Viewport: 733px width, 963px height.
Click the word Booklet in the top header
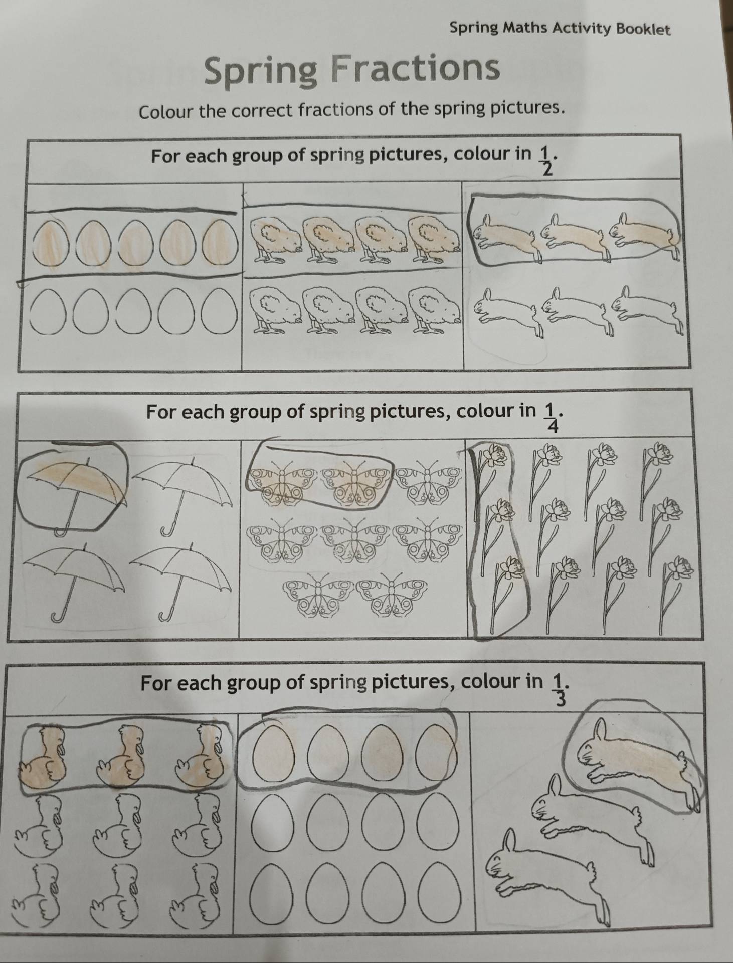pyautogui.click(x=643, y=29)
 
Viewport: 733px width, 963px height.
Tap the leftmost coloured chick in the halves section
pyautogui.click(x=276, y=240)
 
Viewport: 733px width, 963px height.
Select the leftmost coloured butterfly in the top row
pyautogui.click(x=284, y=483)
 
